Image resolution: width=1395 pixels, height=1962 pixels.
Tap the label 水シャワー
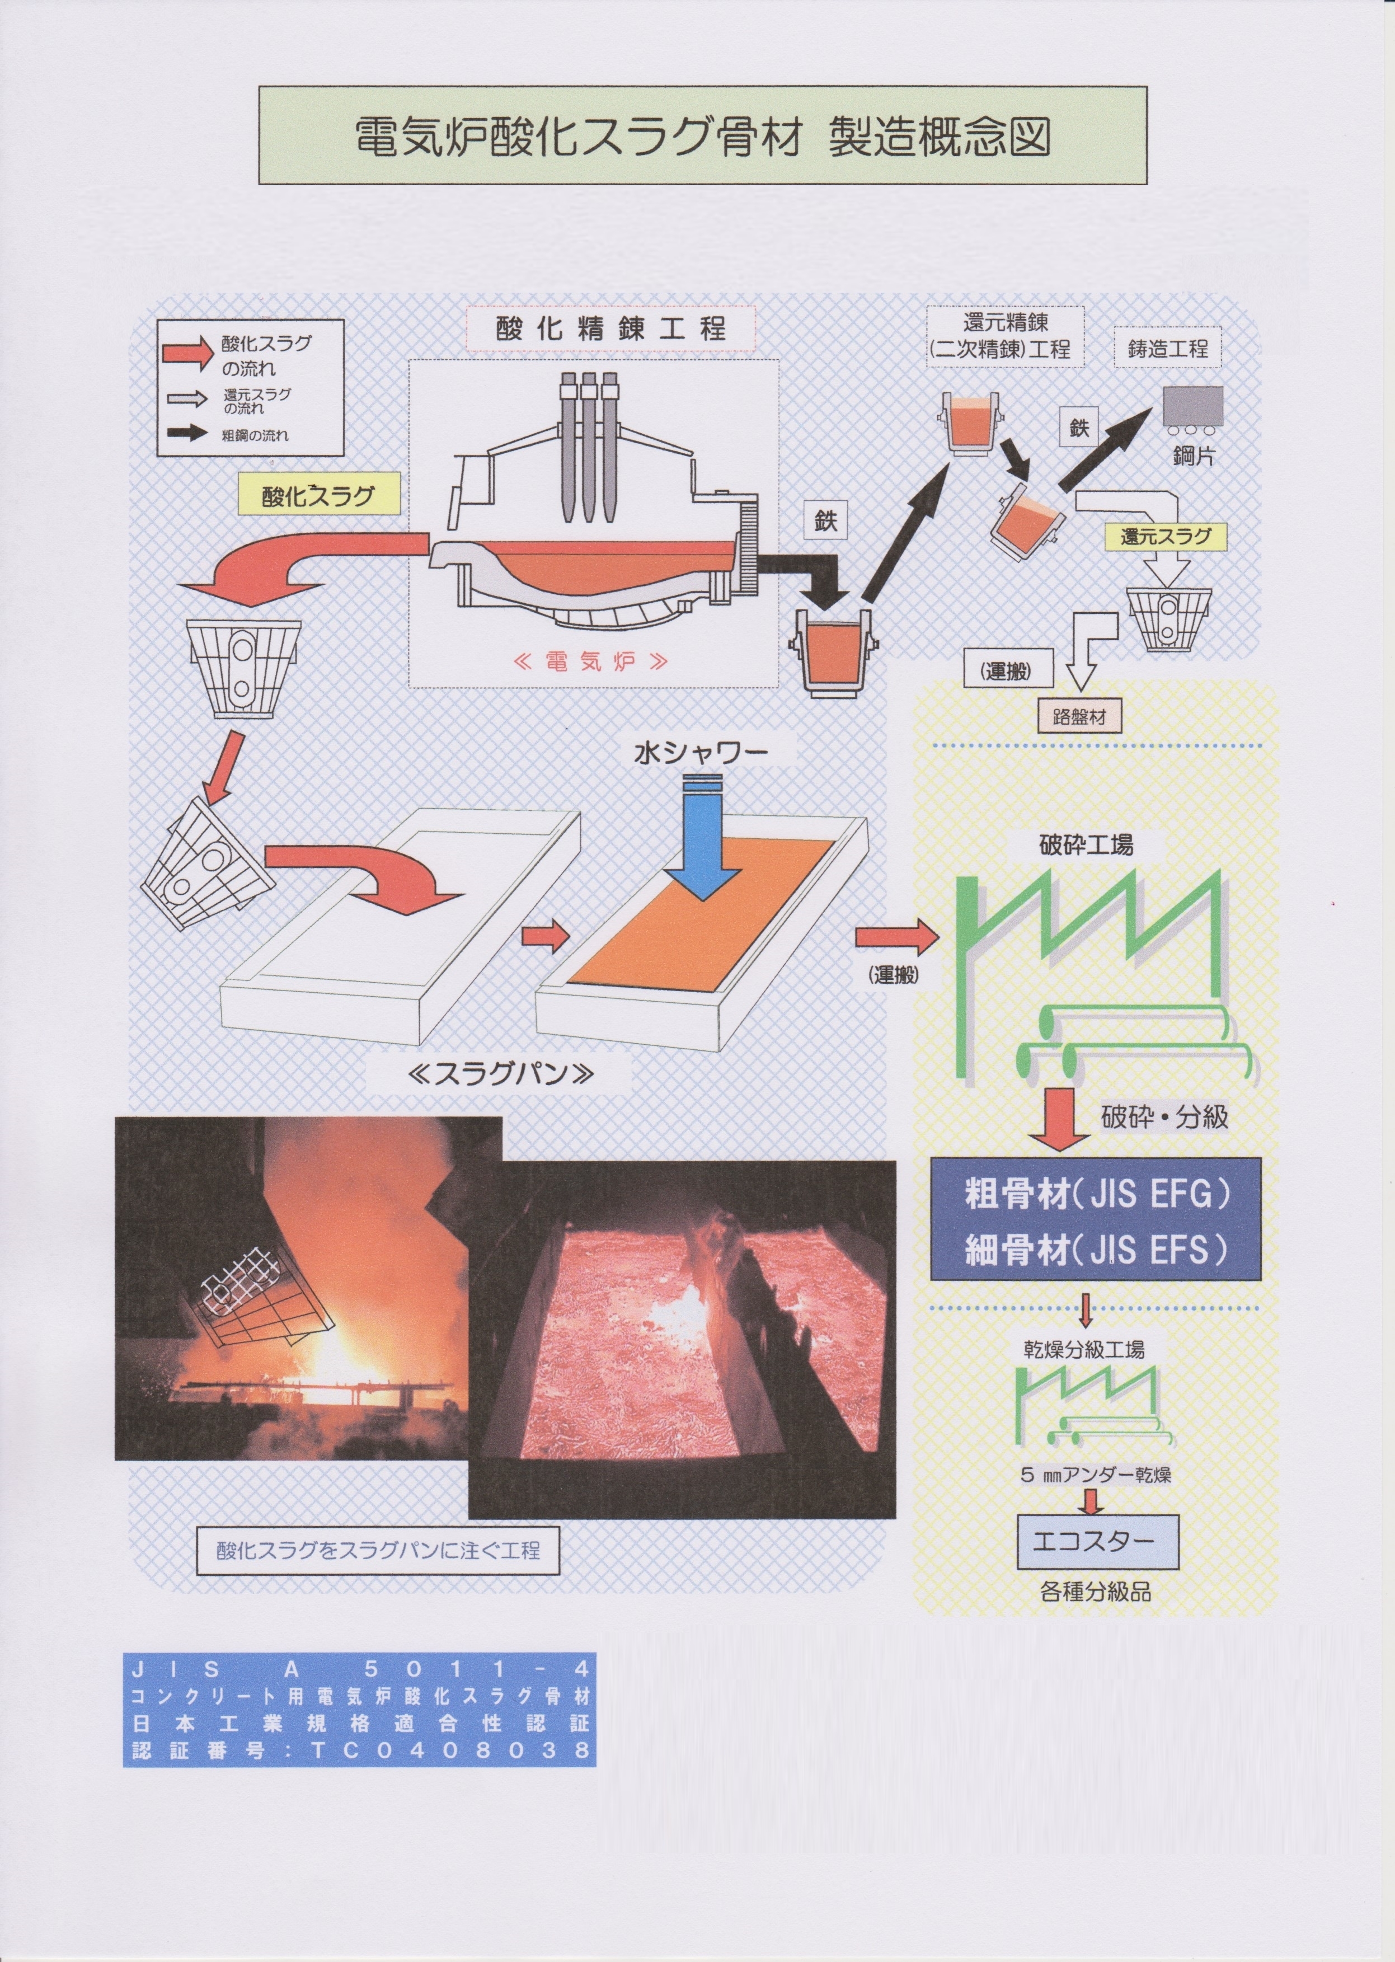(701, 753)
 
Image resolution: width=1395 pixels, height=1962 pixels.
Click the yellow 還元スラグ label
(1165, 537)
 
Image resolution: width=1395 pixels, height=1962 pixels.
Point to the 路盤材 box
(1079, 716)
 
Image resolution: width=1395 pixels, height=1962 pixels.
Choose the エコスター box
(1097, 1542)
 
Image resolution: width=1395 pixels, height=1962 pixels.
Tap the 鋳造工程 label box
(1167, 348)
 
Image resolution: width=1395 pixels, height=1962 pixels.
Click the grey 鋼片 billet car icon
(1193, 408)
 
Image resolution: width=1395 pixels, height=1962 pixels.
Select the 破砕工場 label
(1086, 845)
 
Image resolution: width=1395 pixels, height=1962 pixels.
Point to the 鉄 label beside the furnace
(825, 520)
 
